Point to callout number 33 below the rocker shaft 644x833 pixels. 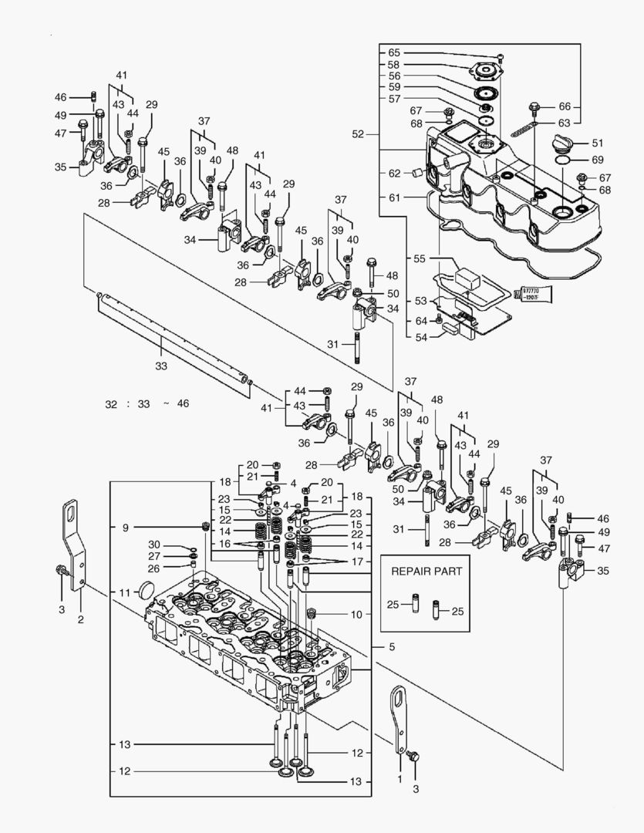click(160, 366)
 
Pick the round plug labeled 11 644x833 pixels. click(146, 592)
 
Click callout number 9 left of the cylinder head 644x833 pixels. click(125, 528)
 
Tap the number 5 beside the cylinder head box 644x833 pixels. click(391, 646)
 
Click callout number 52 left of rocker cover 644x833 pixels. click(356, 134)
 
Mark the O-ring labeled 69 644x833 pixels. click(562, 160)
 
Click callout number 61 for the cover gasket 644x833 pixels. click(394, 197)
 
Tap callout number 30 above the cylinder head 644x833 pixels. click(154, 545)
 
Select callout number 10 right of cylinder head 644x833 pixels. click(356, 615)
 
